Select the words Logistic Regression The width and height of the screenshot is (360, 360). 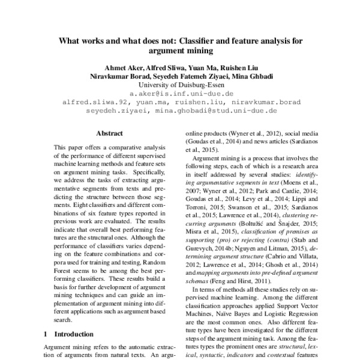click(x=284, y=296)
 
